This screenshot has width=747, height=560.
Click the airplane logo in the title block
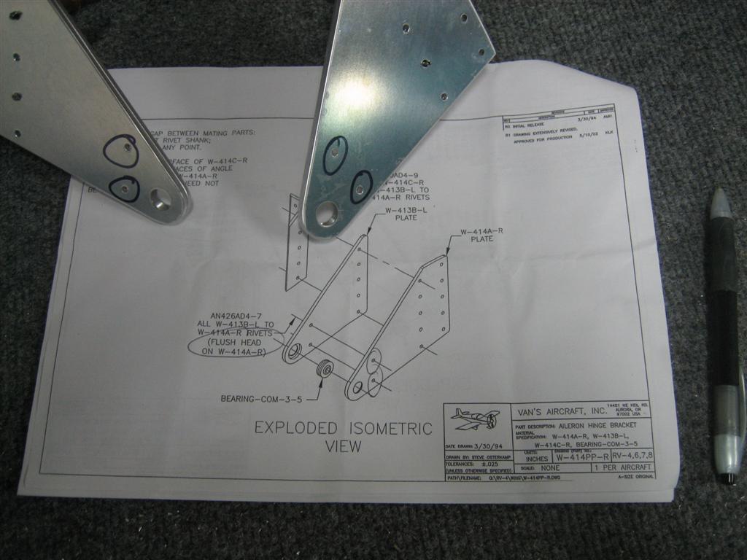coord(475,419)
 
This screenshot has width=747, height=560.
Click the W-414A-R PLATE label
coord(482,235)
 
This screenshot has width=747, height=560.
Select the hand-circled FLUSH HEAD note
coord(236,347)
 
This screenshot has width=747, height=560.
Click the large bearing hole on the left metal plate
coord(160,198)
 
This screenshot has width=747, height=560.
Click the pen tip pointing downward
coord(727,478)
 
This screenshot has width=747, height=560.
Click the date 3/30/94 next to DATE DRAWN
coord(489,446)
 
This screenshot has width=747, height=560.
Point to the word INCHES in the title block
coord(536,459)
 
